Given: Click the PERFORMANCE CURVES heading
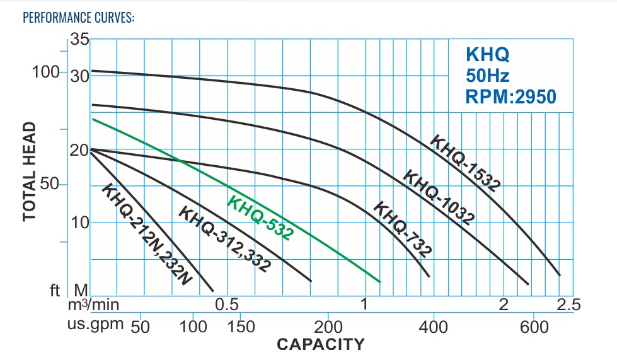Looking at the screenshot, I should (78, 17).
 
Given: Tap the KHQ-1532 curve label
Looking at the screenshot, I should (465, 163).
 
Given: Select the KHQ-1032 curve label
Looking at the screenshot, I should (439, 196).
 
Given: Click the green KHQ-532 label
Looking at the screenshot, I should (260, 218).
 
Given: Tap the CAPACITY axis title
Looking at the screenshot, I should (321, 344).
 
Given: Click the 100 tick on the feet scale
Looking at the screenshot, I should (45, 72).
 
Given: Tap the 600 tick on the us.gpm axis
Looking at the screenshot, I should (533, 327).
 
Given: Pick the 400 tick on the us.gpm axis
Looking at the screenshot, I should (433, 327).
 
